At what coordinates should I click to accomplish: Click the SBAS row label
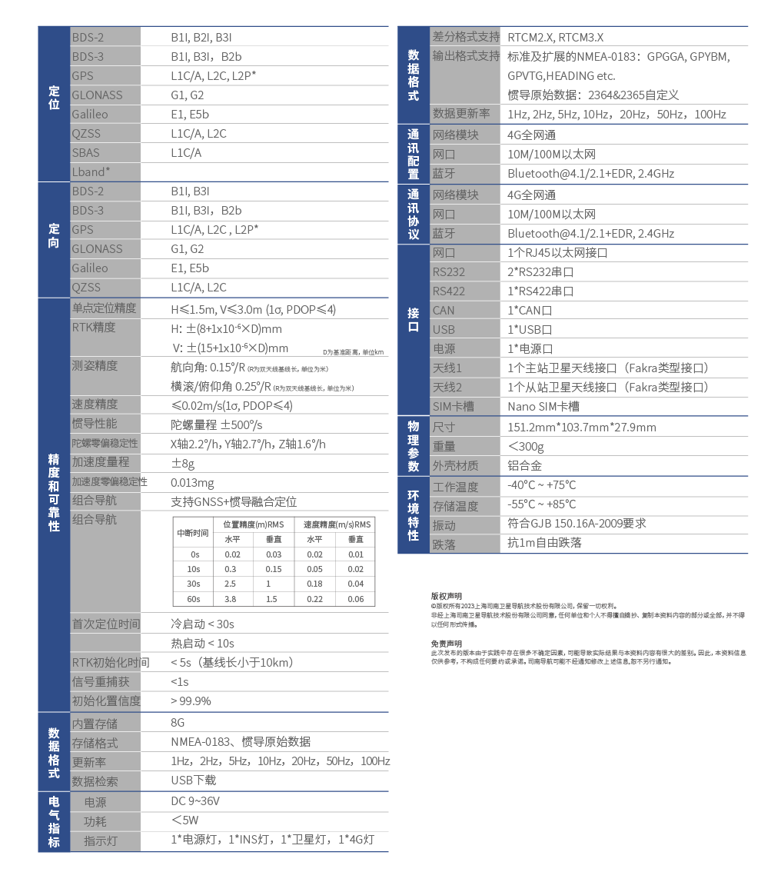pos(85,153)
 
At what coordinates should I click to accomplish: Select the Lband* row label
pos(91,172)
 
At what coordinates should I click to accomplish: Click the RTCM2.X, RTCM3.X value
pos(555,37)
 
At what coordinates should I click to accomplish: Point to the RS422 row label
pos(448,291)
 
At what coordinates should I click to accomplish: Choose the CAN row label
pos(444,311)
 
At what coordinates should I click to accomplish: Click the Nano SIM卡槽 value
pos(543,407)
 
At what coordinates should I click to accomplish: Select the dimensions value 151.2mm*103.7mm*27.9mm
pos(582,428)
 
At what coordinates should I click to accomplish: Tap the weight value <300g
pos(526,447)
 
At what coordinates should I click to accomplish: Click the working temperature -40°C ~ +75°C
pos(541,486)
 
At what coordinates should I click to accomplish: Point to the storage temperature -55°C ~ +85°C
pos(541,505)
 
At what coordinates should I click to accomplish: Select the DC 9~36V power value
pos(195,801)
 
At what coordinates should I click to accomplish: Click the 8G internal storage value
pos(178,723)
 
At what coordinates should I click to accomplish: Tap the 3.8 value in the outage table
pos(230,599)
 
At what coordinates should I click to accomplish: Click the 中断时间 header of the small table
pos(193,532)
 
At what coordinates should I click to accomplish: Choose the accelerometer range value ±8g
pos(182,463)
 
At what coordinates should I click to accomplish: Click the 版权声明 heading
pos(446,596)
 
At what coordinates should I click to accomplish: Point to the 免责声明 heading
pos(446,644)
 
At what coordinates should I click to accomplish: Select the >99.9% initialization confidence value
pos(191,701)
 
